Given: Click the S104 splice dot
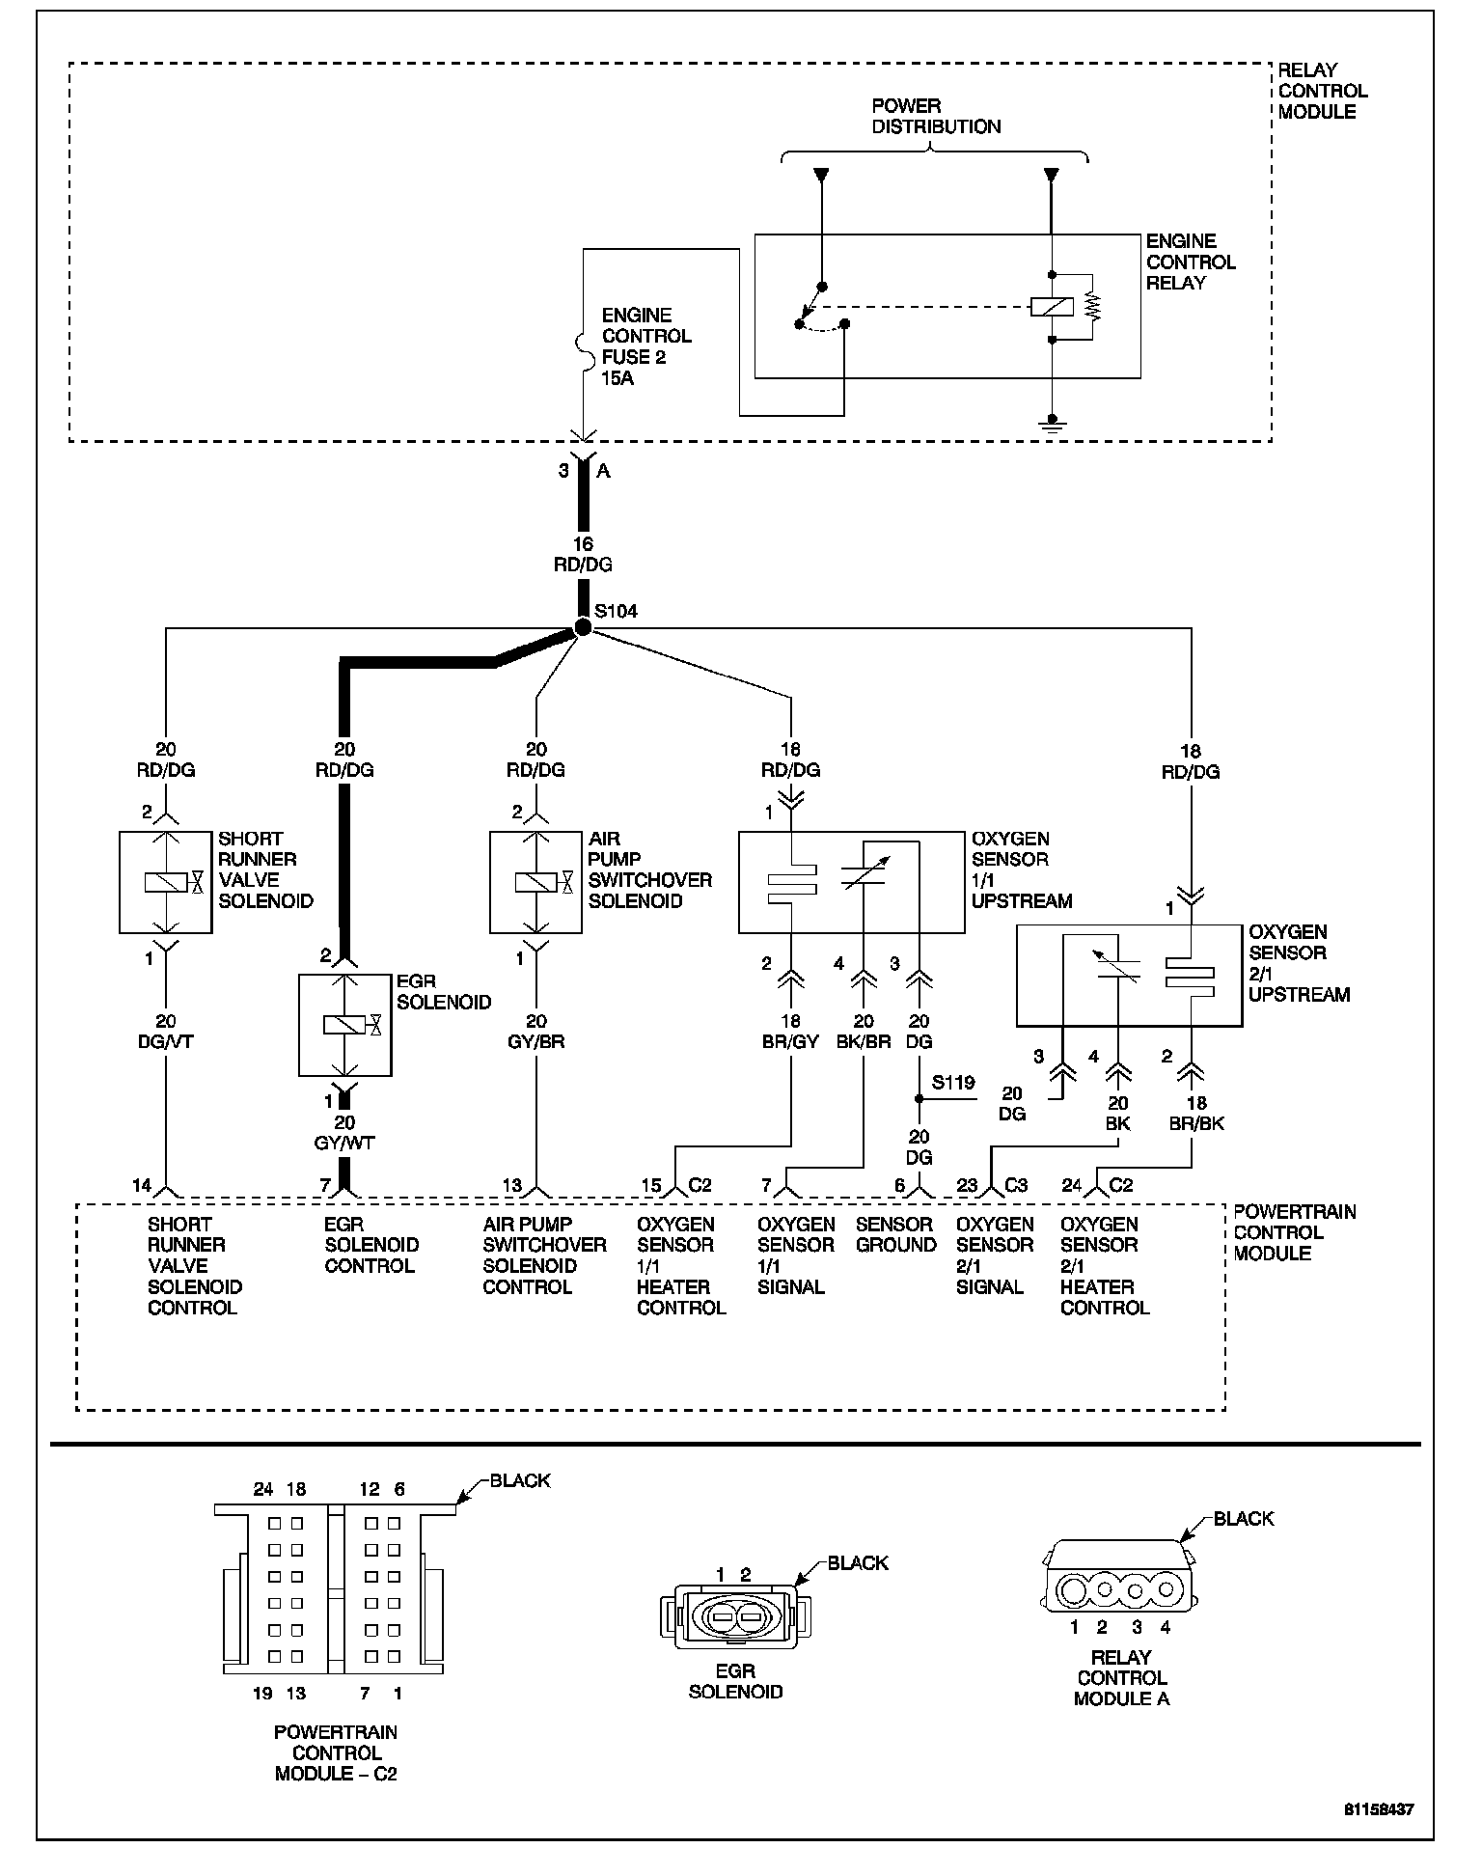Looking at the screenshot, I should click(x=583, y=628).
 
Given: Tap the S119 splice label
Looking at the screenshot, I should click(x=952, y=1083).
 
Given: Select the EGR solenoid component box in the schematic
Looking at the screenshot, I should click(x=345, y=1025).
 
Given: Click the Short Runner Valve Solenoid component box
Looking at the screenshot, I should click(x=165, y=882).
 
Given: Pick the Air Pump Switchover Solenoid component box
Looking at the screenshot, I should click(x=535, y=882).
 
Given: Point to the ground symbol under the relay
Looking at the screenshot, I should click(x=1053, y=424).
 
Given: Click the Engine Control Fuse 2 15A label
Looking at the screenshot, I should click(x=646, y=346).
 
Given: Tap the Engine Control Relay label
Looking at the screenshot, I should click(x=1190, y=262).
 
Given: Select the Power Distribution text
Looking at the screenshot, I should click(x=936, y=116).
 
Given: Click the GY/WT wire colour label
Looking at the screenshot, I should click(x=344, y=1144).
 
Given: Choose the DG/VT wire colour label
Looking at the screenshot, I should click(x=166, y=1042).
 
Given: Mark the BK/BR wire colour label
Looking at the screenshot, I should click(x=864, y=1042).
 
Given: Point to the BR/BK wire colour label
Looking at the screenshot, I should click(x=1196, y=1123).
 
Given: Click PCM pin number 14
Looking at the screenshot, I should click(x=142, y=1185).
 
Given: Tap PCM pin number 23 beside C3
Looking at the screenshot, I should click(x=967, y=1185).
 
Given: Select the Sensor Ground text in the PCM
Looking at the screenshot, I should click(x=895, y=1234).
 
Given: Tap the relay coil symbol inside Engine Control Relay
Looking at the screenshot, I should click(x=1052, y=307).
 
